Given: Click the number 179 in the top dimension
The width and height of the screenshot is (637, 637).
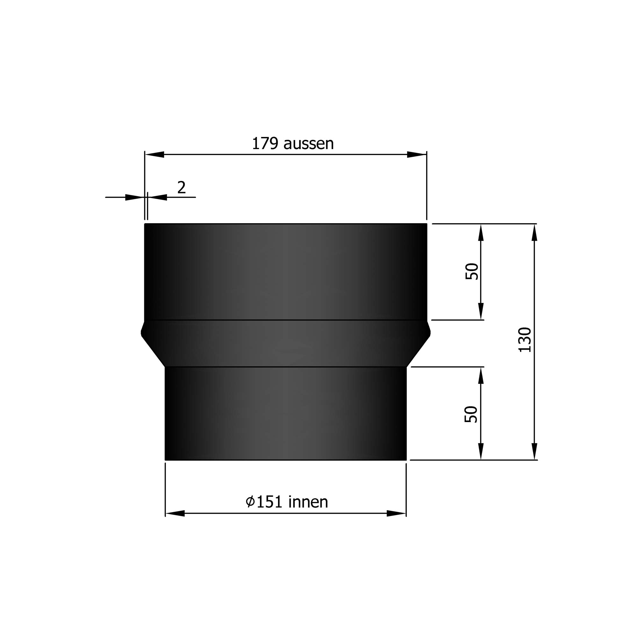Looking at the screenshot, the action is pyautogui.click(x=264, y=144).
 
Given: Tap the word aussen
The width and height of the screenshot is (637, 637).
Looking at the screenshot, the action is pyautogui.click(x=308, y=144).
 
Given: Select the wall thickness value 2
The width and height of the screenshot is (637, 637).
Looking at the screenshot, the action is pyautogui.click(x=181, y=187).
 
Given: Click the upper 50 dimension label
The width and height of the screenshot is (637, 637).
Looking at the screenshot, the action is pyautogui.click(x=472, y=271).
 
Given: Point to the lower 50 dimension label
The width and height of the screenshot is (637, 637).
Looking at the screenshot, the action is pyautogui.click(x=471, y=414).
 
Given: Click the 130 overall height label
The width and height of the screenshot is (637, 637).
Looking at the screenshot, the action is pyautogui.click(x=525, y=340).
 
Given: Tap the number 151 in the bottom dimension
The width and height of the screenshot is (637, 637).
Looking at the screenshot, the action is pyautogui.click(x=269, y=502).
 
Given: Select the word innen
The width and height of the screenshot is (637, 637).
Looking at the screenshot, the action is pyautogui.click(x=308, y=502).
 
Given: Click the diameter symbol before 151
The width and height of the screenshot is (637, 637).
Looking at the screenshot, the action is pyautogui.click(x=250, y=502).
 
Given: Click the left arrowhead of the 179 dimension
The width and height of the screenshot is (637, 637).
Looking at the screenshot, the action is pyautogui.click(x=155, y=154).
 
